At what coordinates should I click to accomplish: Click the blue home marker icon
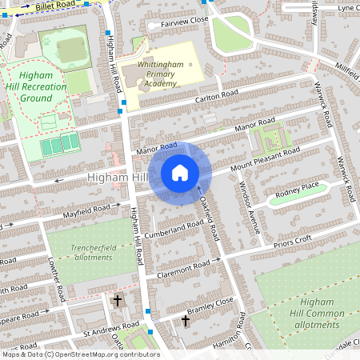click(180, 173)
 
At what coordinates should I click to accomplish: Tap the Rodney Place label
click(297, 190)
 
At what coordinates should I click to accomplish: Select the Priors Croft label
click(292, 239)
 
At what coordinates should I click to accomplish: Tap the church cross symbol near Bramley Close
click(186, 321)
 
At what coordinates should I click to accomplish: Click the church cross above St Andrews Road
click(118, 301)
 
